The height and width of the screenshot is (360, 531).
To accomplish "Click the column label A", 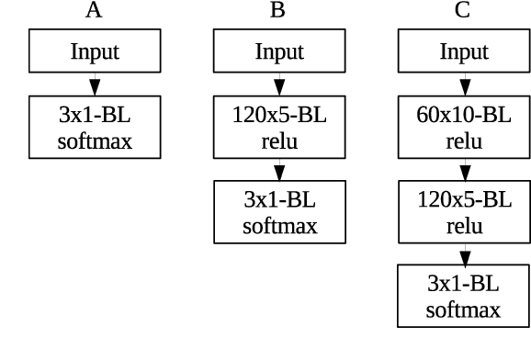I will (94, 11).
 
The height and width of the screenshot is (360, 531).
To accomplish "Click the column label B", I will (278, 11).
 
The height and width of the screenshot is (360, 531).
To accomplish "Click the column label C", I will (462, 11).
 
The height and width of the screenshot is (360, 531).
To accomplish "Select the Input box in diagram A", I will (95, 51).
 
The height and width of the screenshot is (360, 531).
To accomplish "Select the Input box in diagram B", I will (279, 51).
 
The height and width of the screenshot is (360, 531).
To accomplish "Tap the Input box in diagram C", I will (464, 51).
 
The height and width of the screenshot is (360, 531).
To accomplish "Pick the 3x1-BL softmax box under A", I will (95, 129).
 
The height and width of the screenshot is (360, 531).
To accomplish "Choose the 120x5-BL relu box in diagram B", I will (279, 129).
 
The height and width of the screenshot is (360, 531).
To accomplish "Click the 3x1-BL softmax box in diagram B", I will (279, 212).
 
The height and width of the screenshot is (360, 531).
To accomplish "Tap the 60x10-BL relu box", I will (464, 129).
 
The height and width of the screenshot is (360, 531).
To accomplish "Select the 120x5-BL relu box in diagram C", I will (464, 212).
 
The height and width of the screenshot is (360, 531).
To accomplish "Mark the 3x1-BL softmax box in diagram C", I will (464, 295).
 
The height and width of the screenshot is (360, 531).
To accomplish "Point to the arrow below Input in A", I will (95, 85).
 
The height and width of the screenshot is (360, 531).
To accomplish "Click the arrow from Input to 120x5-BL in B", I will (279, 85).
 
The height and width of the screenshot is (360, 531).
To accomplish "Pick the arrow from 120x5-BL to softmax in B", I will (279, 171).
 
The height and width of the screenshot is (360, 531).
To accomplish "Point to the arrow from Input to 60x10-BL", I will (464, 85).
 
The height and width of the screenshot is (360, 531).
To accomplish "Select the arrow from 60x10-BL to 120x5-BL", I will (464, 171).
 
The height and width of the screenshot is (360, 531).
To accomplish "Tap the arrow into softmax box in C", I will (464, 253).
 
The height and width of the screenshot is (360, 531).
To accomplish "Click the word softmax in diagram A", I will (95, 142).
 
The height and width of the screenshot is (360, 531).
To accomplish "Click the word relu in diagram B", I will (279, 142).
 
